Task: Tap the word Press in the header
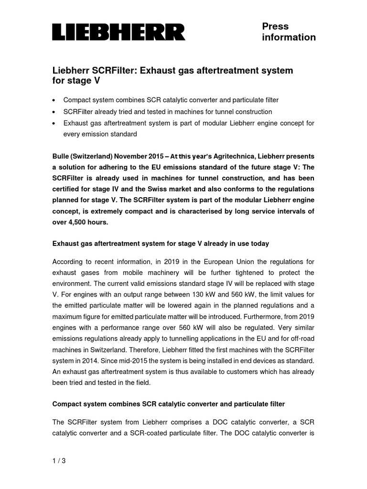275,26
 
